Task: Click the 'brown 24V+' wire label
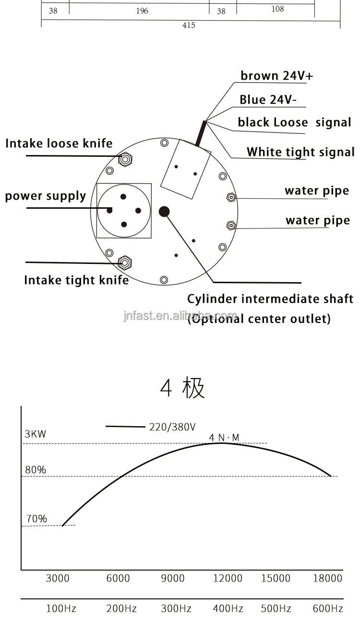[x=276, y=76]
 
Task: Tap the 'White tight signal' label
[x=300, y=152]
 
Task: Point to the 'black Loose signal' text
[x=294, y=122]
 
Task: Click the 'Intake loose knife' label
[x=59, y=143]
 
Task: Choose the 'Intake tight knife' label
[x=76, y=280]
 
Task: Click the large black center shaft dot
[x=164, y=211]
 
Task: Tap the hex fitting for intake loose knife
[x=125, y=159]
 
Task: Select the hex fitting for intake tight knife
[x=125, y=262]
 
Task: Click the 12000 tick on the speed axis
[x=228, y=578]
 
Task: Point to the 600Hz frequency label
[x=328, y=609]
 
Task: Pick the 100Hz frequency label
[x=61, y=609]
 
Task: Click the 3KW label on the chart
[x=36, y=434]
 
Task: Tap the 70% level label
[x=36, y=519]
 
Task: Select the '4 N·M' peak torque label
[x=224, y=437]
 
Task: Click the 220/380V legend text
[x=172, y=427]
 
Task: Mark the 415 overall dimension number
[x=189, y=25]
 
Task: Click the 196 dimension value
[x=142, y=11]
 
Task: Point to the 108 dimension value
[x=277, y=9]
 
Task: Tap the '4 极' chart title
[x=182, y=388]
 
